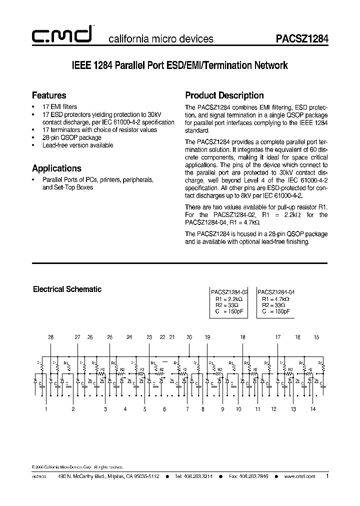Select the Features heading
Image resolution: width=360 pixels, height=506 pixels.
point(49,95)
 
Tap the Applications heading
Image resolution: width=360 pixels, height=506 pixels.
point(56,168)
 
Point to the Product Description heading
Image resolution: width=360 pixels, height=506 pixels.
point(224,95)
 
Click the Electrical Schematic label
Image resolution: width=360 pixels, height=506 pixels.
point(67,289)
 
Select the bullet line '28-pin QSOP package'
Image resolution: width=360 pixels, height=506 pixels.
point(72,137)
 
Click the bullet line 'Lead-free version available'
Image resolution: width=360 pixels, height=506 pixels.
point(77,145)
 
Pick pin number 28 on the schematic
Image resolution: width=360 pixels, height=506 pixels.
point(51,337)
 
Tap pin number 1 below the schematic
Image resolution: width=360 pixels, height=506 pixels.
point(46,409)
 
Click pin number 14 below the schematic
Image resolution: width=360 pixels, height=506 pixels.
point(312,409)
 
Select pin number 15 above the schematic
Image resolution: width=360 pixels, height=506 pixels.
point(316,337)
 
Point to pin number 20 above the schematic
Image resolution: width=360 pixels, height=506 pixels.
point(189,337)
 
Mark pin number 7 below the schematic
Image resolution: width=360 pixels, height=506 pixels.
point(187,409)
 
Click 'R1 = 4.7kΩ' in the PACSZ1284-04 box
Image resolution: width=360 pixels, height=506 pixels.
point(275,298)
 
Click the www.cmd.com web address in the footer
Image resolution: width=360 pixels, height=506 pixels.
point(299,476)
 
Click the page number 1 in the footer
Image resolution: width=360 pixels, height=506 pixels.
point(327,476)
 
